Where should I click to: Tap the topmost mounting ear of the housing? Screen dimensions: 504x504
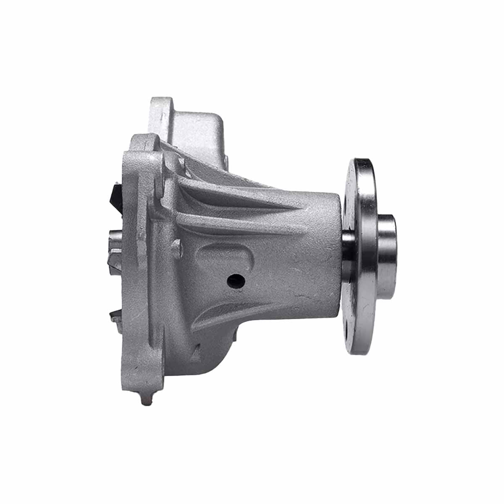point(162,107)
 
